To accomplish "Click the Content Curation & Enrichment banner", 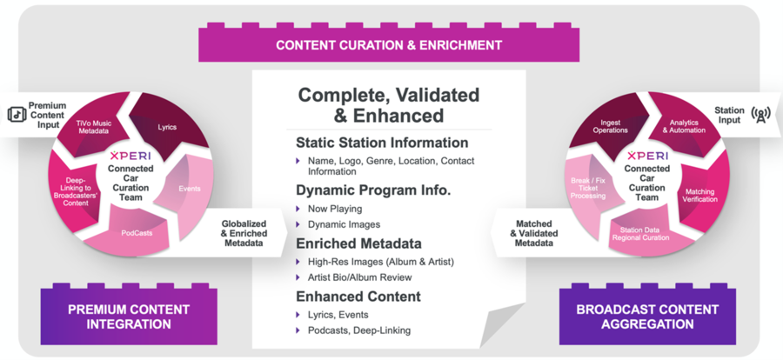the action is (x=389, y=44).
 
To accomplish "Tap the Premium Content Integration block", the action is (x=129, y=316).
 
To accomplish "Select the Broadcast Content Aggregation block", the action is (x=647, y=316).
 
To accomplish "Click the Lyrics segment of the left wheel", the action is (x=169, y=125).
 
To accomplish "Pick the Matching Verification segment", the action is (x=701, y=195).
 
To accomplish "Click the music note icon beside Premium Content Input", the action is (x=17, y=115).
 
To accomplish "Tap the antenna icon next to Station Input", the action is (x=760, y=115).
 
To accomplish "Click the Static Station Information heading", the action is (x=382, y=143).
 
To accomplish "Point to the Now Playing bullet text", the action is (x=335, y=209).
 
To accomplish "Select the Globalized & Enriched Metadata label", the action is (x=244, y=233).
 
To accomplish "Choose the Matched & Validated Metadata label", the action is (x=534, y=233).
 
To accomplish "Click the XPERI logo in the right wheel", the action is (x=647, y=156).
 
